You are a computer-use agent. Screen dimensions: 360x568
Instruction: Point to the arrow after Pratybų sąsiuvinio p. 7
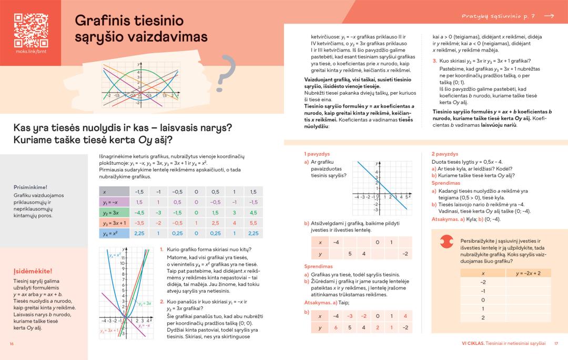pos(549,16)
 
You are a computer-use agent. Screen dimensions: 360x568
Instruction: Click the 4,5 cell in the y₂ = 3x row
pos(253,213)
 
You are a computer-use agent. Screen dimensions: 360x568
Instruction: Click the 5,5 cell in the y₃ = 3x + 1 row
pos(253,223)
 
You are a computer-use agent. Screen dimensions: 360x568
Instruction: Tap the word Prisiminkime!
pos(31,187)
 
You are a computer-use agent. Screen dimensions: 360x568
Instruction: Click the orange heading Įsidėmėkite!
pos(33,272)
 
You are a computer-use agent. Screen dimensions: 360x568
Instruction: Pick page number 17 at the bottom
pos(556,344)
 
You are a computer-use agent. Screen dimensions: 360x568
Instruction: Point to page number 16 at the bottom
pos(12,344)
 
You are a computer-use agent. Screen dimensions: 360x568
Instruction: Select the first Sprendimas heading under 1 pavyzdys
pos(319,267)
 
